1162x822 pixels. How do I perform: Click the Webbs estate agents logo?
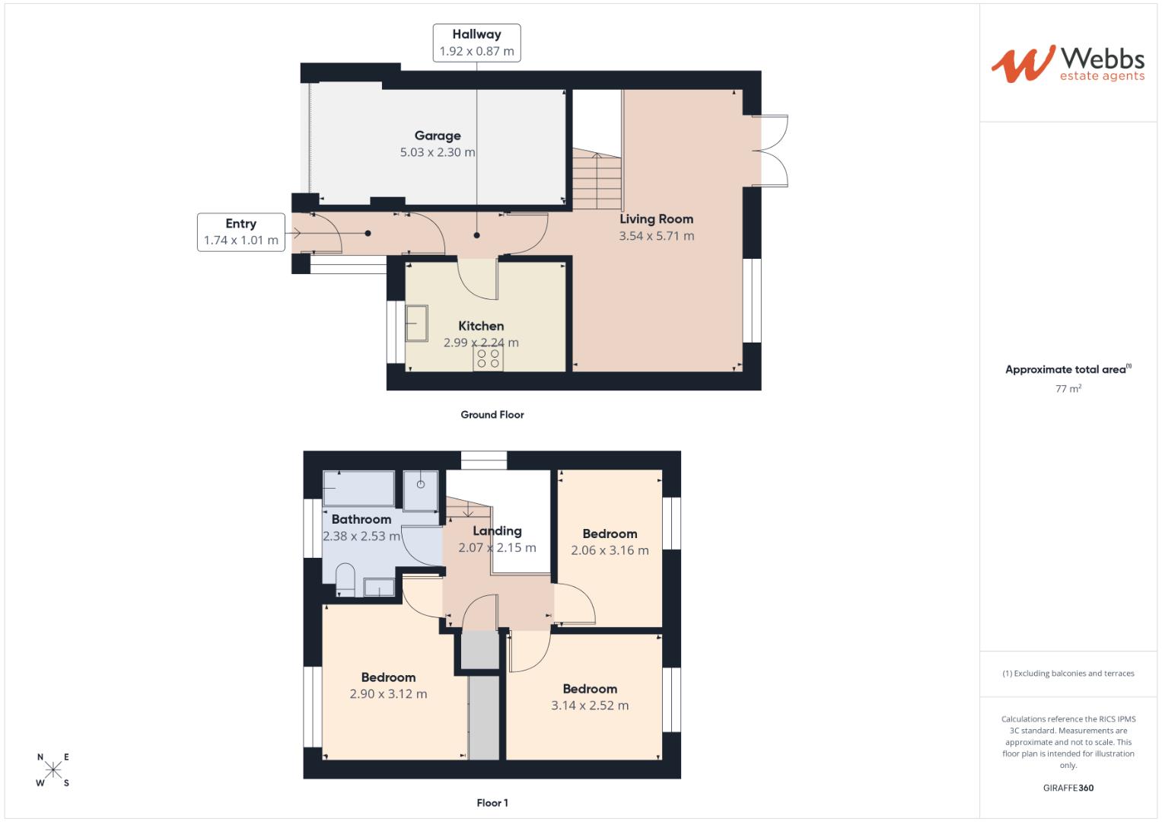point(1067,64)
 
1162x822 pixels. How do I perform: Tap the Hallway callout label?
point(476,43)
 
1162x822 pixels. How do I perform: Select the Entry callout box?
point(240,232)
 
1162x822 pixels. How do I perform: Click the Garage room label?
point(438,135)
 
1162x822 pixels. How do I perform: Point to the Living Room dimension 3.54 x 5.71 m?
point(656,236)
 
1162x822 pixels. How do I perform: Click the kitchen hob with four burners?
point(488,358)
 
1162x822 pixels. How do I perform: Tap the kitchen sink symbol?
point(416,323)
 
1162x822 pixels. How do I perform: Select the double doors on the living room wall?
point(770,150)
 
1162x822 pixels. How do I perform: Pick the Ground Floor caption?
point(492,415)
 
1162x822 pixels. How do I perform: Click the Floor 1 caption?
point(492,803)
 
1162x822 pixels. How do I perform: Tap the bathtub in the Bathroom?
point(358,488)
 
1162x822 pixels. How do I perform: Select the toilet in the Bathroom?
point(345,579)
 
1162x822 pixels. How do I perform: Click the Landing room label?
point(497,531)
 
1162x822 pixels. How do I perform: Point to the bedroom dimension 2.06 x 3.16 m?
point(610,550)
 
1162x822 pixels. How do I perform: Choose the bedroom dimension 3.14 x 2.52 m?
point(590,706)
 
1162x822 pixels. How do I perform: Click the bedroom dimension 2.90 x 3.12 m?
point(388,694)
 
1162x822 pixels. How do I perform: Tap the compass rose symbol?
point(53,769)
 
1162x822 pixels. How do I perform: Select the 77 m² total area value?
point(1068,388)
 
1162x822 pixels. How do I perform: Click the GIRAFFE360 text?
point(1068,788)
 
